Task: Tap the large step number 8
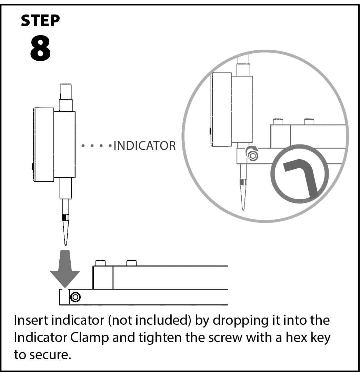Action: point(40,49)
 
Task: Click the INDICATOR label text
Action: point(144,146)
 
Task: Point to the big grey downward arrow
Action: point(65,269)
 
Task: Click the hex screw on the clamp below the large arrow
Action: point(75,297)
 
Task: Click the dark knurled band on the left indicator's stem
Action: point(65,218)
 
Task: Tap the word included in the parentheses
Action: point(165,321)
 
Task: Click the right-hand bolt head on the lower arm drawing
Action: point(131,263)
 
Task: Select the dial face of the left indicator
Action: point(43,144)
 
